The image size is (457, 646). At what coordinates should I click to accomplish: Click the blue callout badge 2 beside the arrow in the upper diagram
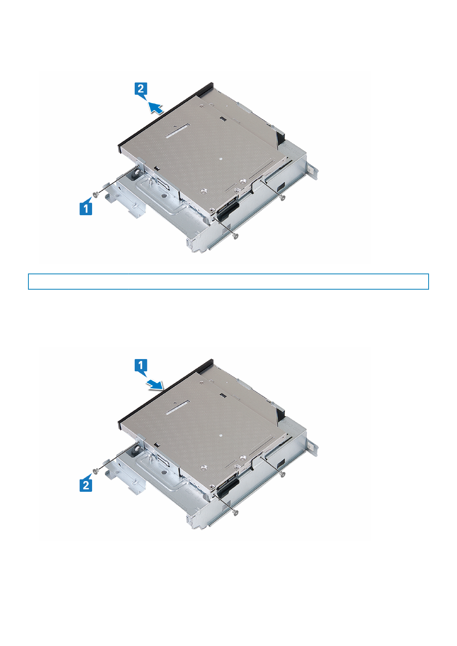click(x=141, y=89)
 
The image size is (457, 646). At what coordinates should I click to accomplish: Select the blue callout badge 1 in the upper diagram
click(x=86, y=208)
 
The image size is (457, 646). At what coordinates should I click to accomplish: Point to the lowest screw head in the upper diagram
click(x=236, y=236)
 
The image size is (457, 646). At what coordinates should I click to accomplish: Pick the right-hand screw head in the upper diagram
click(x=283, y=198)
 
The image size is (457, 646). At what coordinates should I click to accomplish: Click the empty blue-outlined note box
click(x=228, y=281)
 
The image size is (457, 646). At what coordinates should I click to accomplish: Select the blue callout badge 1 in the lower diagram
click(x=141, y=366)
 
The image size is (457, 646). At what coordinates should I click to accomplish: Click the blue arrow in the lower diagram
click(x=156, y=384)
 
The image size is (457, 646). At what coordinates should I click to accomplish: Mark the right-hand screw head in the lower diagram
click(x=283, y=475)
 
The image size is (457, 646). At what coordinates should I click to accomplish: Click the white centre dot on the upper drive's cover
click(x=220, y=158)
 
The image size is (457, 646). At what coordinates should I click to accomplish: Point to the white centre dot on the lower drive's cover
click(x=220, y=435)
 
